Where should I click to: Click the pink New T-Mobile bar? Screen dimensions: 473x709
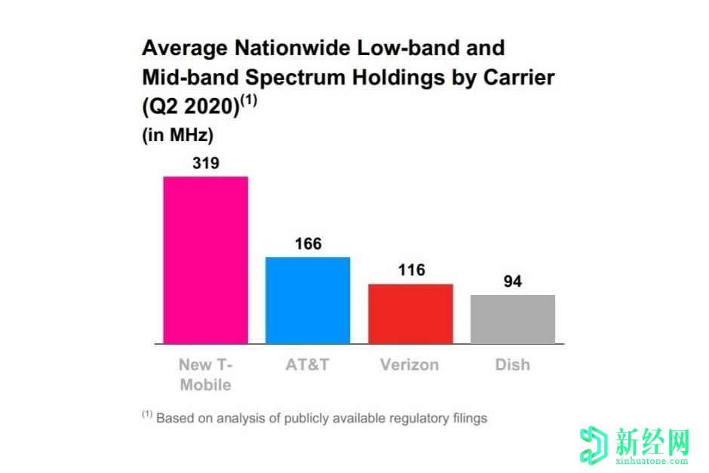pos(205,260)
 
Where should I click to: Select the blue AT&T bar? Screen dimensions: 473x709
pos(307,300)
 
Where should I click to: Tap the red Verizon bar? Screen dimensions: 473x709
pos(410,314)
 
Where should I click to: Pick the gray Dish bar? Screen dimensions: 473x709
pos(513,319)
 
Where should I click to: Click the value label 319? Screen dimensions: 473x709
pos(205,162)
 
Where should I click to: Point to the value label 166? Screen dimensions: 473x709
pos(308,244)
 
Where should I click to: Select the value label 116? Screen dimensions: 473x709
pos(411,270)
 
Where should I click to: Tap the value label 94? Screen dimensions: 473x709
pos(513,282)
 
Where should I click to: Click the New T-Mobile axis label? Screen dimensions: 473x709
pos(205,374)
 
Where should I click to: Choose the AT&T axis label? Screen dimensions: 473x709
pos(307,364)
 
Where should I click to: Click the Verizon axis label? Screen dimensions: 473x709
pos(410,364)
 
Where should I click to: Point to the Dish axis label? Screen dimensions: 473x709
pos(512,364)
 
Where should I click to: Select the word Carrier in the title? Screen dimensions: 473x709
pos(513,77)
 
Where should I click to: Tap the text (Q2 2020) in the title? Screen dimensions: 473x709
pos(190,106)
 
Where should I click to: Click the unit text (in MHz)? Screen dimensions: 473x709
pos(178,136)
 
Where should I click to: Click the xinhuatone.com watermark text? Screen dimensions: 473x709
pos(650,459)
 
